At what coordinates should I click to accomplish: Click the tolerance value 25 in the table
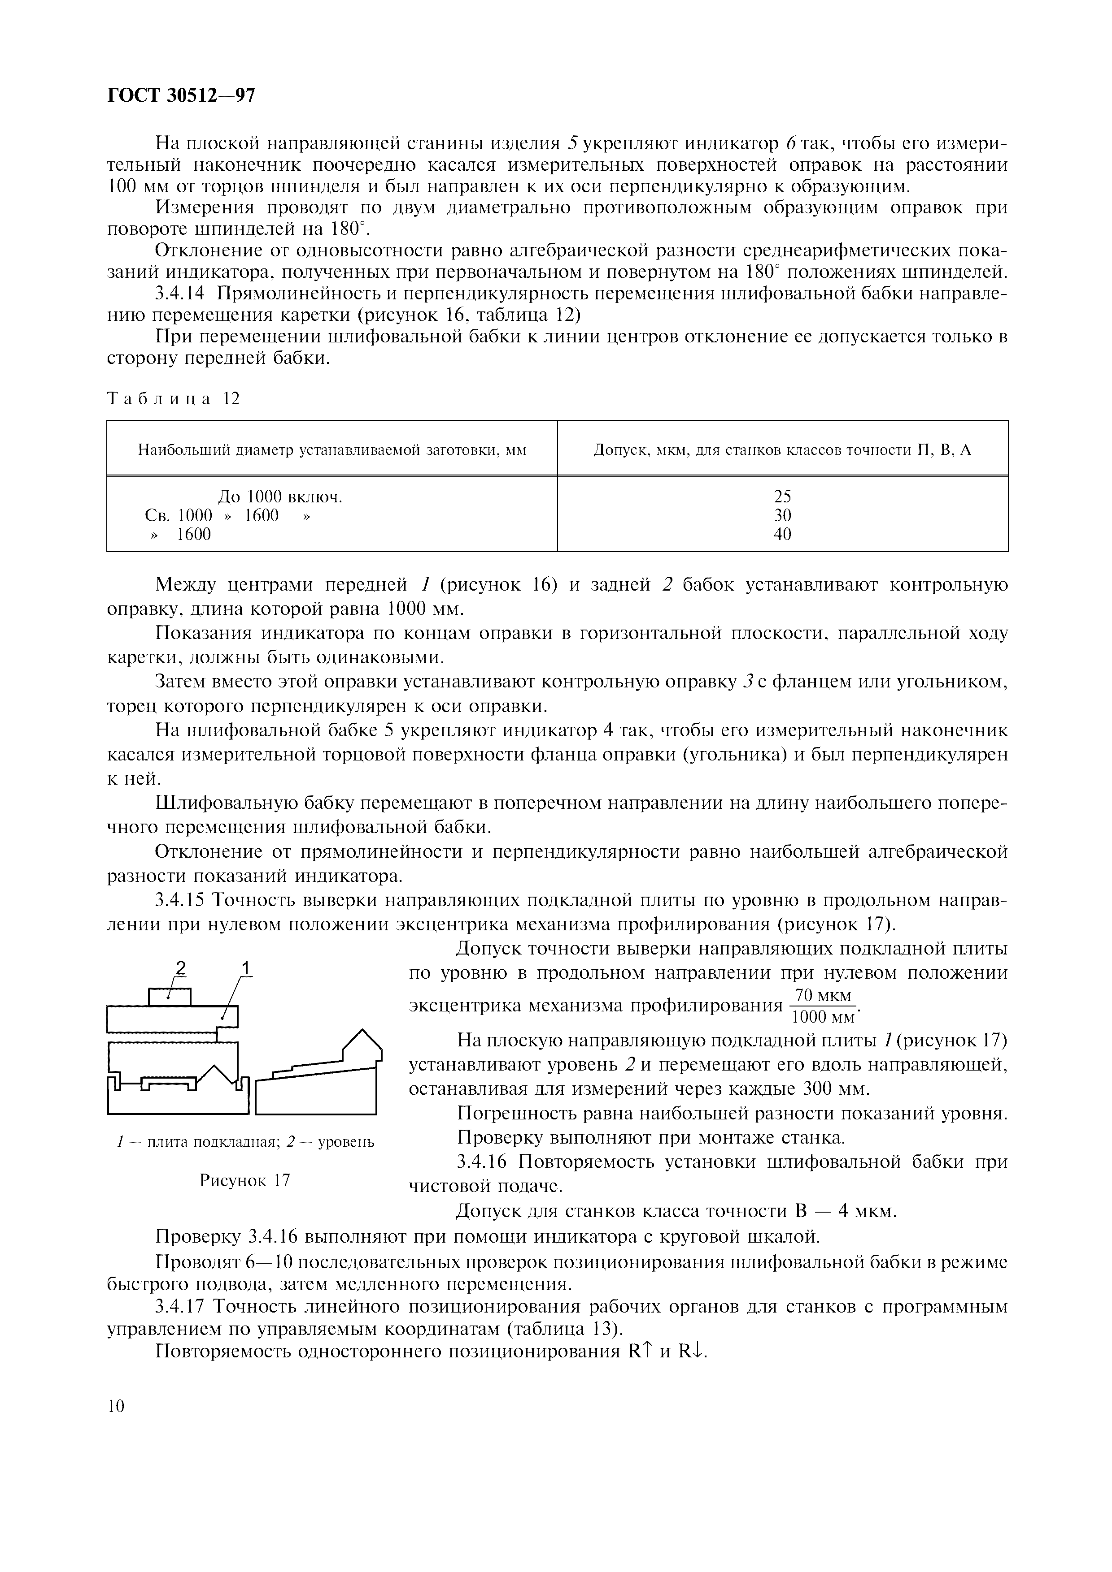coord(782,497)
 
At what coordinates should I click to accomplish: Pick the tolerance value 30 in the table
coord(782,515)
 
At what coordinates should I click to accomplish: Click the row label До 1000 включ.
coord(279,497)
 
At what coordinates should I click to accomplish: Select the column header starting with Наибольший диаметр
coord(332,450)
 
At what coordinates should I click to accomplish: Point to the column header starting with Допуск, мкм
coord(782,450)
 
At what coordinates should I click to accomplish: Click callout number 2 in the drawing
coord(180,968)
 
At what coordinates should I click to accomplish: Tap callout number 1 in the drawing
coord(246,968)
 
